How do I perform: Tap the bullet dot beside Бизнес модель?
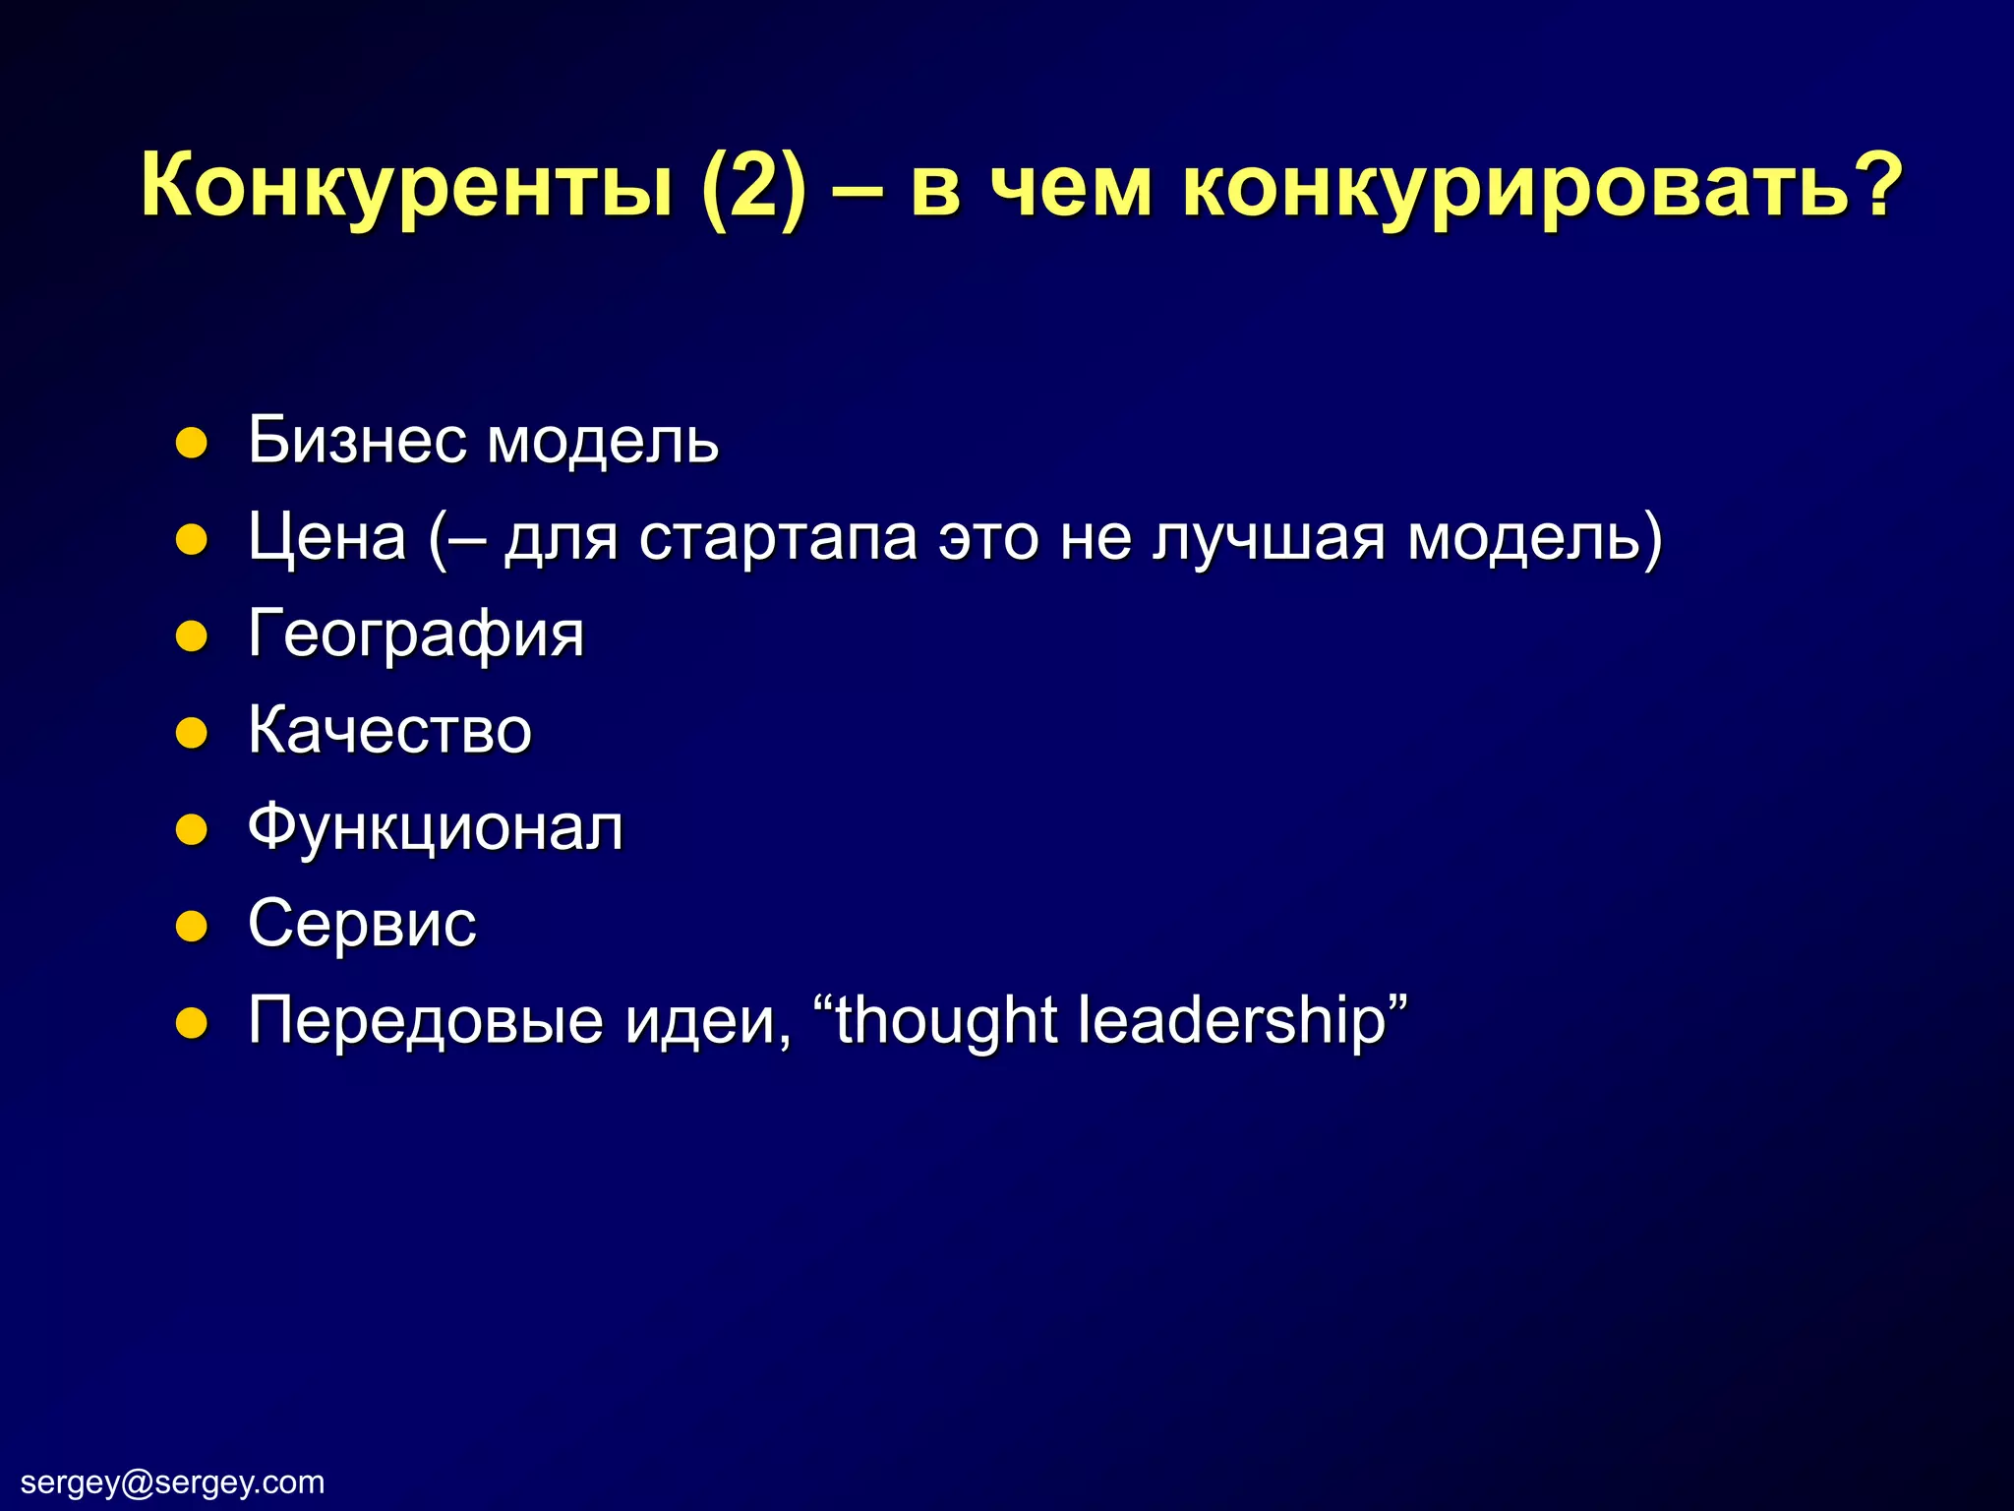coord(191,443)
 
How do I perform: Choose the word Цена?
coord(326,537)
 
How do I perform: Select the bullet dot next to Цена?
coord(191,539)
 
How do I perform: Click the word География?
coord(416,635)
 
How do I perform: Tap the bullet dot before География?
coord(191,636)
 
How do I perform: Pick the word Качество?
coord(389,730)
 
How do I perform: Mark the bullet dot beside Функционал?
coord(191,829)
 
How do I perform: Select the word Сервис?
coord(362,924)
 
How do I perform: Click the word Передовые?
coord(425,1020)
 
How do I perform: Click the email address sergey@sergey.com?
coord(173,1481)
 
